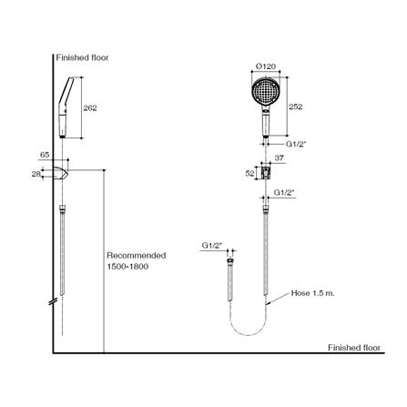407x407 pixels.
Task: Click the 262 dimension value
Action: pyautogui.click(x=90, y=108)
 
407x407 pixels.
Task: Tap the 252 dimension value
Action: pyautogui.click(x=296, y=107)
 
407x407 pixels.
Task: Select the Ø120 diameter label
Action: pyautogui.click(x=266, y=66)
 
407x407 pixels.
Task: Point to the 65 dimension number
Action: pyautogui.click(x=45, y=155)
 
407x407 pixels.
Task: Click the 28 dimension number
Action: pyautogui.click(x=36, y=174)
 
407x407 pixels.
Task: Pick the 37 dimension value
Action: pyautogui.click(x=279, y=158)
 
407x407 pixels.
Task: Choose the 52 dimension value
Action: pyautogui.click(x=250, y=174)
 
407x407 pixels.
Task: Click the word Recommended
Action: pyautogui.click(x=137, y=256)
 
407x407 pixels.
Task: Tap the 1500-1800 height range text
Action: pyautogui.click(x=127, y=267)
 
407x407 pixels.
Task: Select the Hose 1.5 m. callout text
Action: pyautogui.click(x=313, y=293)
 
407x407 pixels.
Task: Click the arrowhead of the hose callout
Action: pyautogui.click(x=268, y=303)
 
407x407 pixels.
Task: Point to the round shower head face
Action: pyautogui.click(x=265, y=91)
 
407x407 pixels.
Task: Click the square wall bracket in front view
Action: pyautogui.click(x=266, y=173)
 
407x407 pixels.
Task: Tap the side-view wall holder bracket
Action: pyautogui.click(x=61, y=173)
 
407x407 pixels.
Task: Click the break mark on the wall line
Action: pyautogui.click(x=53, y=301)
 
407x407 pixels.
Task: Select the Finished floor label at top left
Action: pyautogui.click(x=82, y=57)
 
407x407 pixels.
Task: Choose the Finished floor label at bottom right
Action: pyautogui.click(x=354, y=348)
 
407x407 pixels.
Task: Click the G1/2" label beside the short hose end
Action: pyautogui.click(x=212, y=246)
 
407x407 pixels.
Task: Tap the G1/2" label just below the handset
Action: pyautogui.click(x=296, y=144)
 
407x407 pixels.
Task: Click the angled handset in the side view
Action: pyautogui.click(x=65, y=107)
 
